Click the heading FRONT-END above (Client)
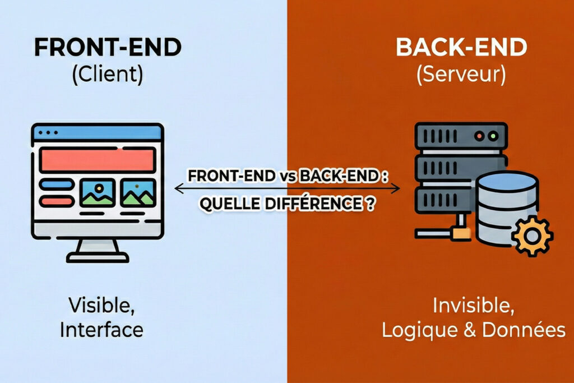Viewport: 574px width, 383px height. (108, 48)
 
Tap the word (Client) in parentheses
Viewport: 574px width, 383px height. (107, 75)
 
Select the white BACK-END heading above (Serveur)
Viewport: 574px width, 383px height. (461, 48)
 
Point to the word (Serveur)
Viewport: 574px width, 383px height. (461, 75)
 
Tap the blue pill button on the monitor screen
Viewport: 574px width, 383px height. (56, 184)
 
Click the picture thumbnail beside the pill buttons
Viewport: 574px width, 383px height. (98, 192)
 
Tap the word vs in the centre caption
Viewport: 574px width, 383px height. (286, 176)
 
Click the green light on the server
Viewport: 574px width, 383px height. (493, 136)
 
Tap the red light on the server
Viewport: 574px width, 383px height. (480, 136)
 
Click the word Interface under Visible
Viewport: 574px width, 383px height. (101, 330)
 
